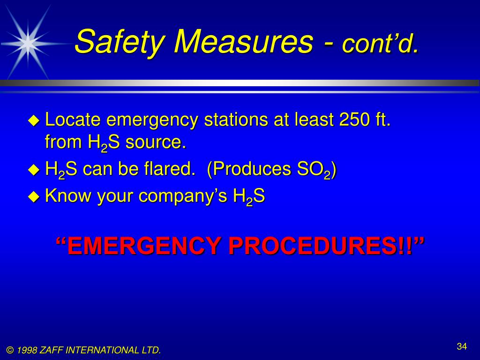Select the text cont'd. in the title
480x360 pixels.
coord(380,44)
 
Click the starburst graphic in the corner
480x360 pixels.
coord(28,43)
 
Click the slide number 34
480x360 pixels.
coord(462,346)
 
